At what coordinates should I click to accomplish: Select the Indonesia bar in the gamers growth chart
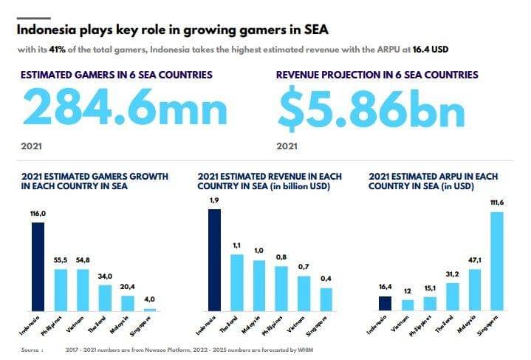(38, 266)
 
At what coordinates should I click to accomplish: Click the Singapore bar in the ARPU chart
(497, 261)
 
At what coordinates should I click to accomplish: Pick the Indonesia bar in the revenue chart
(215, 259)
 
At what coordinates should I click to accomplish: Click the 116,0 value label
(38, 214)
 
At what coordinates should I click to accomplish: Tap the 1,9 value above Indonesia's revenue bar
(214, 200)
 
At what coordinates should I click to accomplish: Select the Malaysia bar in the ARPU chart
(474, 289)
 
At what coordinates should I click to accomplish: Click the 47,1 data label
(474, 261)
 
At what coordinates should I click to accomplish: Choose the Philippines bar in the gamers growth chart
(61, 289)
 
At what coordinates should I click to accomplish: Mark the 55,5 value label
(61, 260)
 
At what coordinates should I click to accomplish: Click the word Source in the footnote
(31, 349)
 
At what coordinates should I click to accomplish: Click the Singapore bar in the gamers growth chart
(150, 309)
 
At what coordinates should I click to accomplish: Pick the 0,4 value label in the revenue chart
(326, 279)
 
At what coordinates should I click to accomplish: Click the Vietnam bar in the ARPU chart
(407, 305)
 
